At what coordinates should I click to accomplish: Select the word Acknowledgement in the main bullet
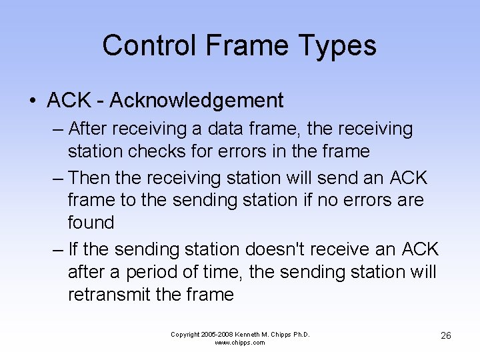pos(197,101)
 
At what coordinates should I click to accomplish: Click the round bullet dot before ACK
pos(33,101)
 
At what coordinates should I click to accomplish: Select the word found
pos(91,223)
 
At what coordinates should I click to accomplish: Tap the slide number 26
pos(446,335)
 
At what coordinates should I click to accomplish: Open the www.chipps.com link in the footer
pos(240,343)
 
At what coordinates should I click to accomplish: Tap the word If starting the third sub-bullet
pos(73,249)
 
